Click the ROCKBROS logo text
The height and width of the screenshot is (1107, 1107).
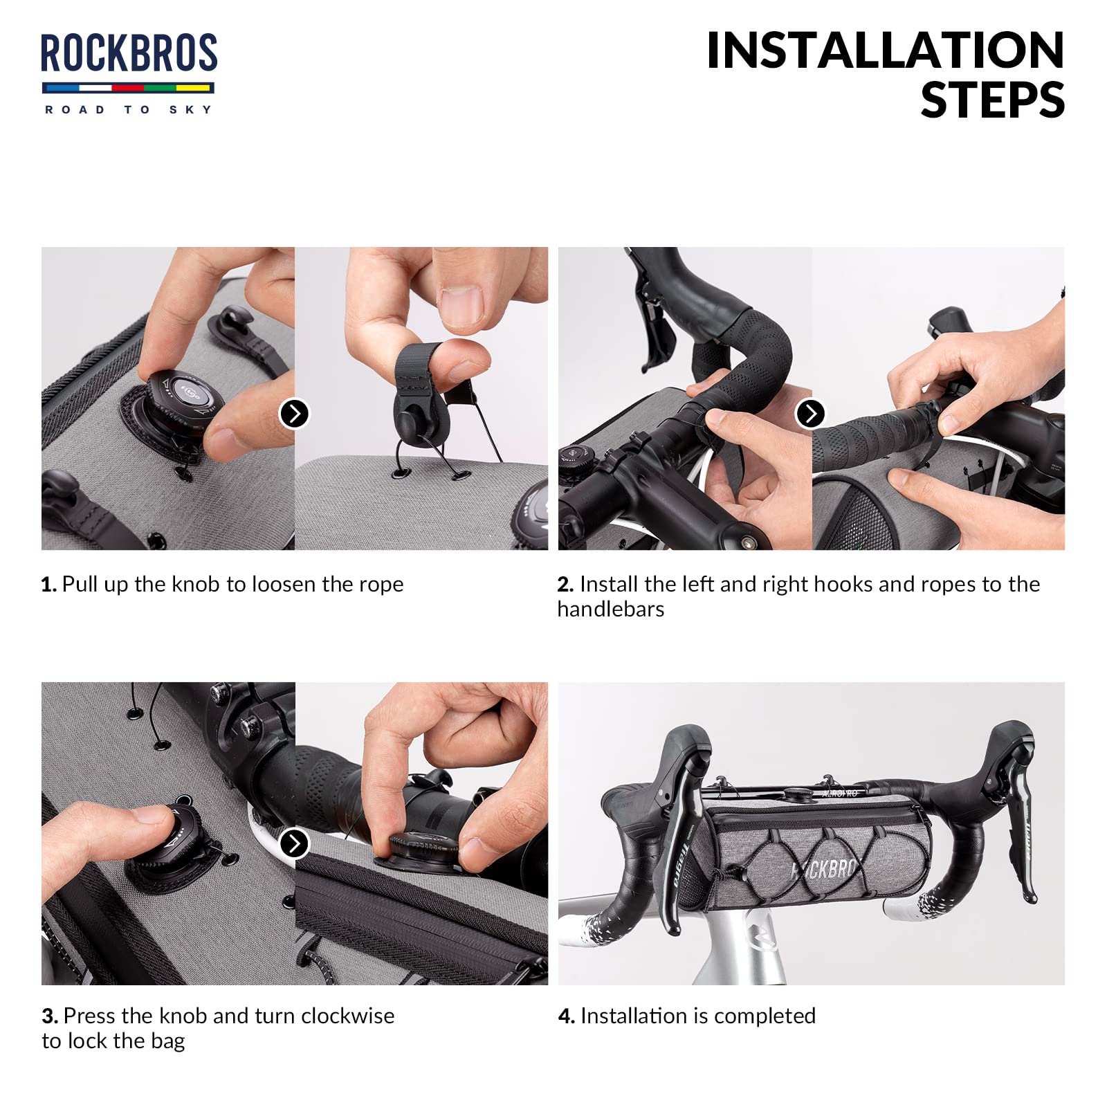(x=129, y=53)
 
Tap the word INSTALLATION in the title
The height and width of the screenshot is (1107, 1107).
(x=885, y=51)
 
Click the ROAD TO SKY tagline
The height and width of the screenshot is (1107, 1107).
(x=128, y=109)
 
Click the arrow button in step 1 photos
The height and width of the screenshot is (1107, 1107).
(x=294, y=414)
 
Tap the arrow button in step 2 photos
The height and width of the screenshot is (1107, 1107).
(x=811, y=414)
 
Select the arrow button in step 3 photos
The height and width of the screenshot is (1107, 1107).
(x=294, y=843)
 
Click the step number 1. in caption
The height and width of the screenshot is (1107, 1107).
(x=48, y=585)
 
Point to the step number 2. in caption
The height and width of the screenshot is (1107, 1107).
(x=565, y=585)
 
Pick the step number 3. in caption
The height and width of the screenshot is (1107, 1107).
(x=50, y=1016)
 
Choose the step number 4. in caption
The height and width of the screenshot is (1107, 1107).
(x=567, y=1016)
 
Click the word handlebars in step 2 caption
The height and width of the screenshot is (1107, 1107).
(x=611, y=609)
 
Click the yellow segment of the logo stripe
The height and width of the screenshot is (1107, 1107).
(x=194, y=88)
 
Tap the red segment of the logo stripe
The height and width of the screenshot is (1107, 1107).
(x=127, y=88)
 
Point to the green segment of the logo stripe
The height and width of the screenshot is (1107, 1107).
(x=160, y=88)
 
